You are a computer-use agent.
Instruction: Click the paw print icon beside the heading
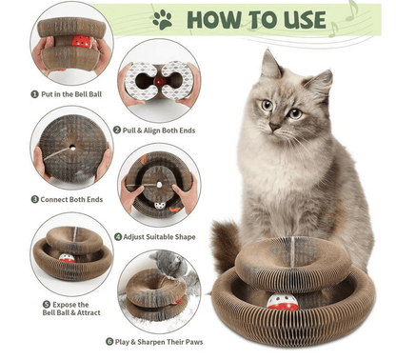click(x=163, y=19)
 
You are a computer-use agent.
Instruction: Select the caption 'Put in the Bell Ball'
click(x=69, y=95)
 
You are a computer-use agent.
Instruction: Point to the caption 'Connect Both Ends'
click(x=69, y=199)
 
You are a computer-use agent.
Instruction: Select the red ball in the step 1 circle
click(x=80, y=43)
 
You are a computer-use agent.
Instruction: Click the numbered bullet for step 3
click(x=33, y=200)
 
